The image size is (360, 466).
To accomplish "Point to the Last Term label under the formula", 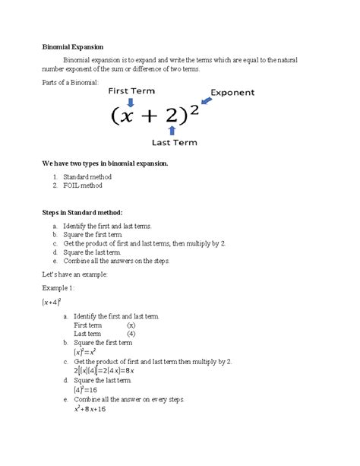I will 174,142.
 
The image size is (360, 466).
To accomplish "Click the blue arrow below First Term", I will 130,102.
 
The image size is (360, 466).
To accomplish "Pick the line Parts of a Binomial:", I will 70,82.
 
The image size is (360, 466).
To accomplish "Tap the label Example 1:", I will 58,290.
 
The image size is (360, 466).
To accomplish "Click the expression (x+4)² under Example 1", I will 52,303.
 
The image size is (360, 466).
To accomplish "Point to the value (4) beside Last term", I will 131,333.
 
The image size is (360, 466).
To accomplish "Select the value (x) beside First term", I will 131,325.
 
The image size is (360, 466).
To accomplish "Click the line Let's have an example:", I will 74,274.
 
